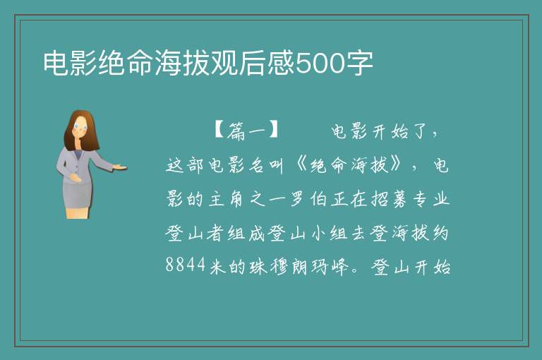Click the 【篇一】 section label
click(x=247, y=131)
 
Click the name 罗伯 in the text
click(x=308, y=199)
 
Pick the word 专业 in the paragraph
click(x=430, y=199)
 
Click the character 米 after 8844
click(x=217, y=267)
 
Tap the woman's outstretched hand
click(x=119, y=167)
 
